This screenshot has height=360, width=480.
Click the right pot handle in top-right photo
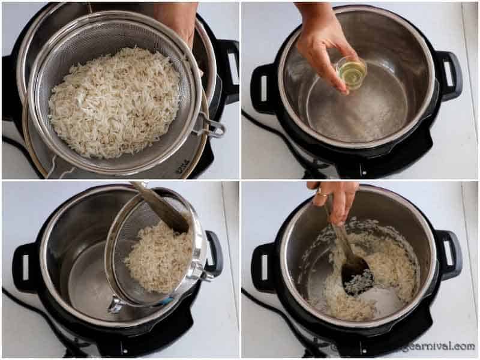click(x=449, y=74)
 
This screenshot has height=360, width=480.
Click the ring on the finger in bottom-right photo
click(x=322, y=193)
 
